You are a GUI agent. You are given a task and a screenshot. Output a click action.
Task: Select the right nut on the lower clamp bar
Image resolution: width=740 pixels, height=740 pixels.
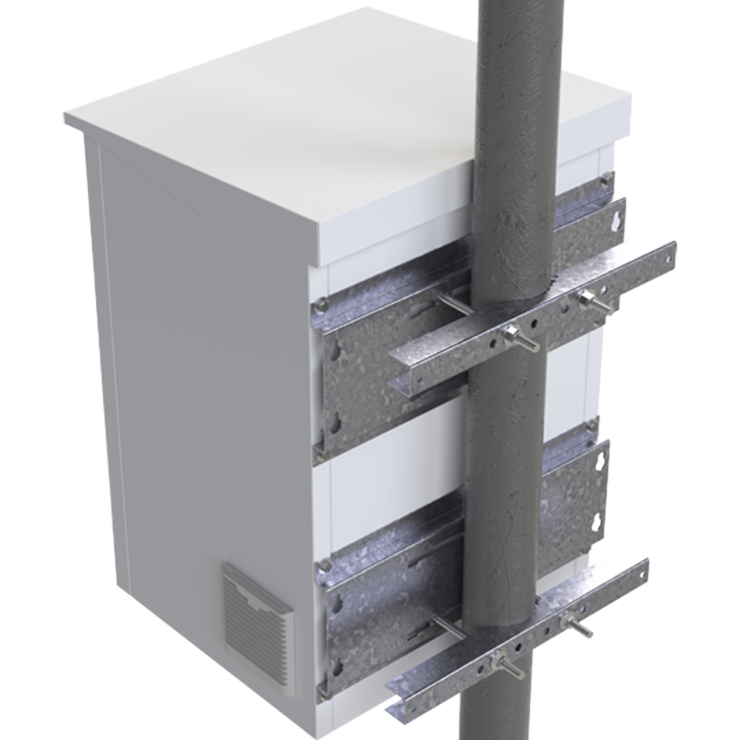click(571, 620)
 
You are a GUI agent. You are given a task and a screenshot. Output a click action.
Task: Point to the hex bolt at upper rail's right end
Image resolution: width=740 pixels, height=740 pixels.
click(607, 178)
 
